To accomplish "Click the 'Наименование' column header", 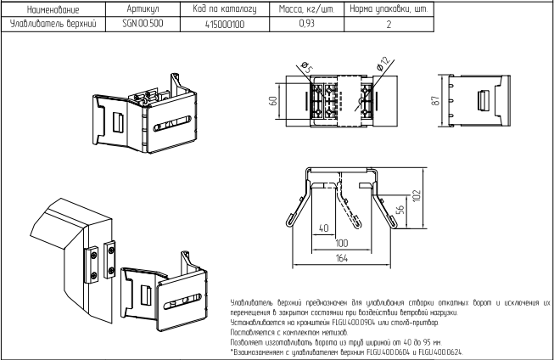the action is [x=53, y=9].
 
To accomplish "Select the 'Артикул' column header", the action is [x=143, y=9].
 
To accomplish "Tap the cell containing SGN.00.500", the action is [x=143, y=24].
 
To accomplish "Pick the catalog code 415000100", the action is [x=225, y=25].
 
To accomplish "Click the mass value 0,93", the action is [x=306, y=24].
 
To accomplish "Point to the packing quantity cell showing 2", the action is [x=389, y=25].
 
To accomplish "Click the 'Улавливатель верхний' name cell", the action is [x=53, y=24].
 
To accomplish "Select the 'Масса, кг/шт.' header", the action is [x=306, y=9].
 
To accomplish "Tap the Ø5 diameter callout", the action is [x=307, y=67].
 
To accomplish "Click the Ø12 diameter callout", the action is [x=384, y=64].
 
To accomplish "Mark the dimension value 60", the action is [x=273, y=101].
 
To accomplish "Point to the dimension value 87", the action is [x=436, y=100].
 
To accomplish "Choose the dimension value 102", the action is [x=417, y=195].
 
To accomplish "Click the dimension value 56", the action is [x=400, y=210].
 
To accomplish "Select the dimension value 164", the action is [x=341, y=258].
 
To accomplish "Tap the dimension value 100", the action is [x=341, y=244].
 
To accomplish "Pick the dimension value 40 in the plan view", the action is [x=323, y=228].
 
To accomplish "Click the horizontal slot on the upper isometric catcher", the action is [x=172, y=123].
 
